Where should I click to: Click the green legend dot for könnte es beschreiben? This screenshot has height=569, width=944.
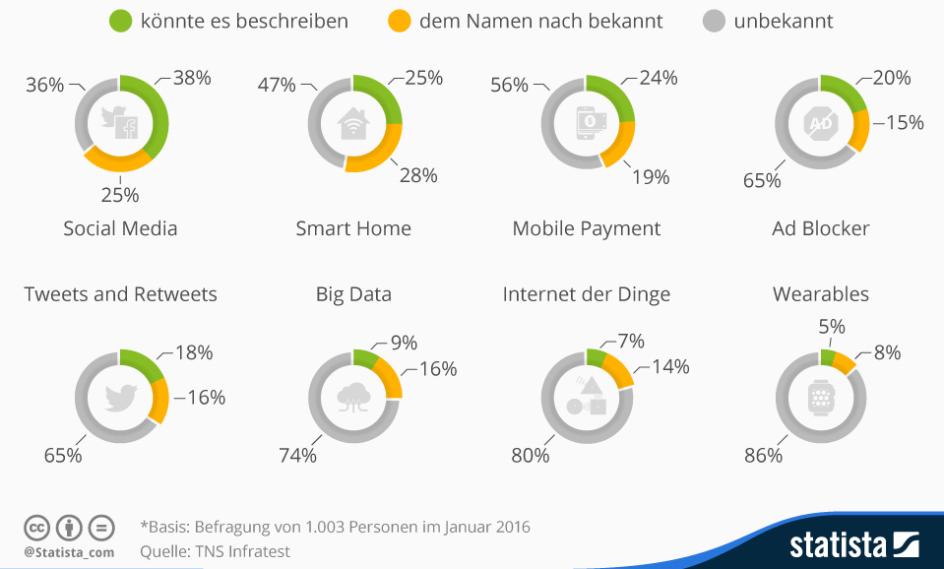point(121,20)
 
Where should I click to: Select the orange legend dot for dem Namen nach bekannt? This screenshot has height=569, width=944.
point(399,20)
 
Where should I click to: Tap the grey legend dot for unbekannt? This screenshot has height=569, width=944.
point(714,20)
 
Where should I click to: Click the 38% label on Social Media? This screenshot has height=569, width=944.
point(192,78)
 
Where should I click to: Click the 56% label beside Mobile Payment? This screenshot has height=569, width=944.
point(510,85)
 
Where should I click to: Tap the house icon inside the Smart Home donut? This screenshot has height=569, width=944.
point(353,124)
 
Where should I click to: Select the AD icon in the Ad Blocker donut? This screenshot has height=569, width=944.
point(820,122)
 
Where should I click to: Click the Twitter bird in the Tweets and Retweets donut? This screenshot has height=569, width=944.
point(121,397)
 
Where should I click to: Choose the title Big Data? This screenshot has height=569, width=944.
point(353,294)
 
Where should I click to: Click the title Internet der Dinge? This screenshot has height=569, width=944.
point(586,294)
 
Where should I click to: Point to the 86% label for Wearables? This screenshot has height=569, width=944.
point(763,456)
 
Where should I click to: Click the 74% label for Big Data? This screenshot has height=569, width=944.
point(297,456)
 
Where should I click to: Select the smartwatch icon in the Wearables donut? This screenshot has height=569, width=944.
point(820,397)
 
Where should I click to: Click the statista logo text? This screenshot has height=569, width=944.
point(839,545)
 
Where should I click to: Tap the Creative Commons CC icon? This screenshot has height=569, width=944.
point(36,527)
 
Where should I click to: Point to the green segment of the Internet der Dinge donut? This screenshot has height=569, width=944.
point(595,356)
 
